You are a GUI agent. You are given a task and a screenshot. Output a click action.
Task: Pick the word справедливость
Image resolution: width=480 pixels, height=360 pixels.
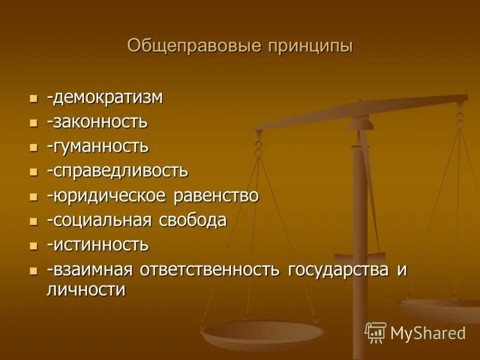(x=119, y=171)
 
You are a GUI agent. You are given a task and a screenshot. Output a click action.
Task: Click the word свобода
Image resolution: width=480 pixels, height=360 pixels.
(x=193, y=220)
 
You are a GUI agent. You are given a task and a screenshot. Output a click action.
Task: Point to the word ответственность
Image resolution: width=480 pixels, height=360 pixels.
(x=210, y=269)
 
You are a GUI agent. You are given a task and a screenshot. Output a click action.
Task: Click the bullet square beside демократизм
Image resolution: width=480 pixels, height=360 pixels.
(x=34, y=98)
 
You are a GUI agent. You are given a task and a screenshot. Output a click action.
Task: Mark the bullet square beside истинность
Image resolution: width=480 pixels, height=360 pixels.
(x=34, y=245)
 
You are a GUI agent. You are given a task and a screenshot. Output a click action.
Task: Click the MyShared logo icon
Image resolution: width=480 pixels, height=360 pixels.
(x=375, y=332)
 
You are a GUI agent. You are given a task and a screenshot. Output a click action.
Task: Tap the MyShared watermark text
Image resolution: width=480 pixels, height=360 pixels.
(x=428, y=333)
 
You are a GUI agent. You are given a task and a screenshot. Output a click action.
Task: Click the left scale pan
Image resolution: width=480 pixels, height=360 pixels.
(x=262, y=332)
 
